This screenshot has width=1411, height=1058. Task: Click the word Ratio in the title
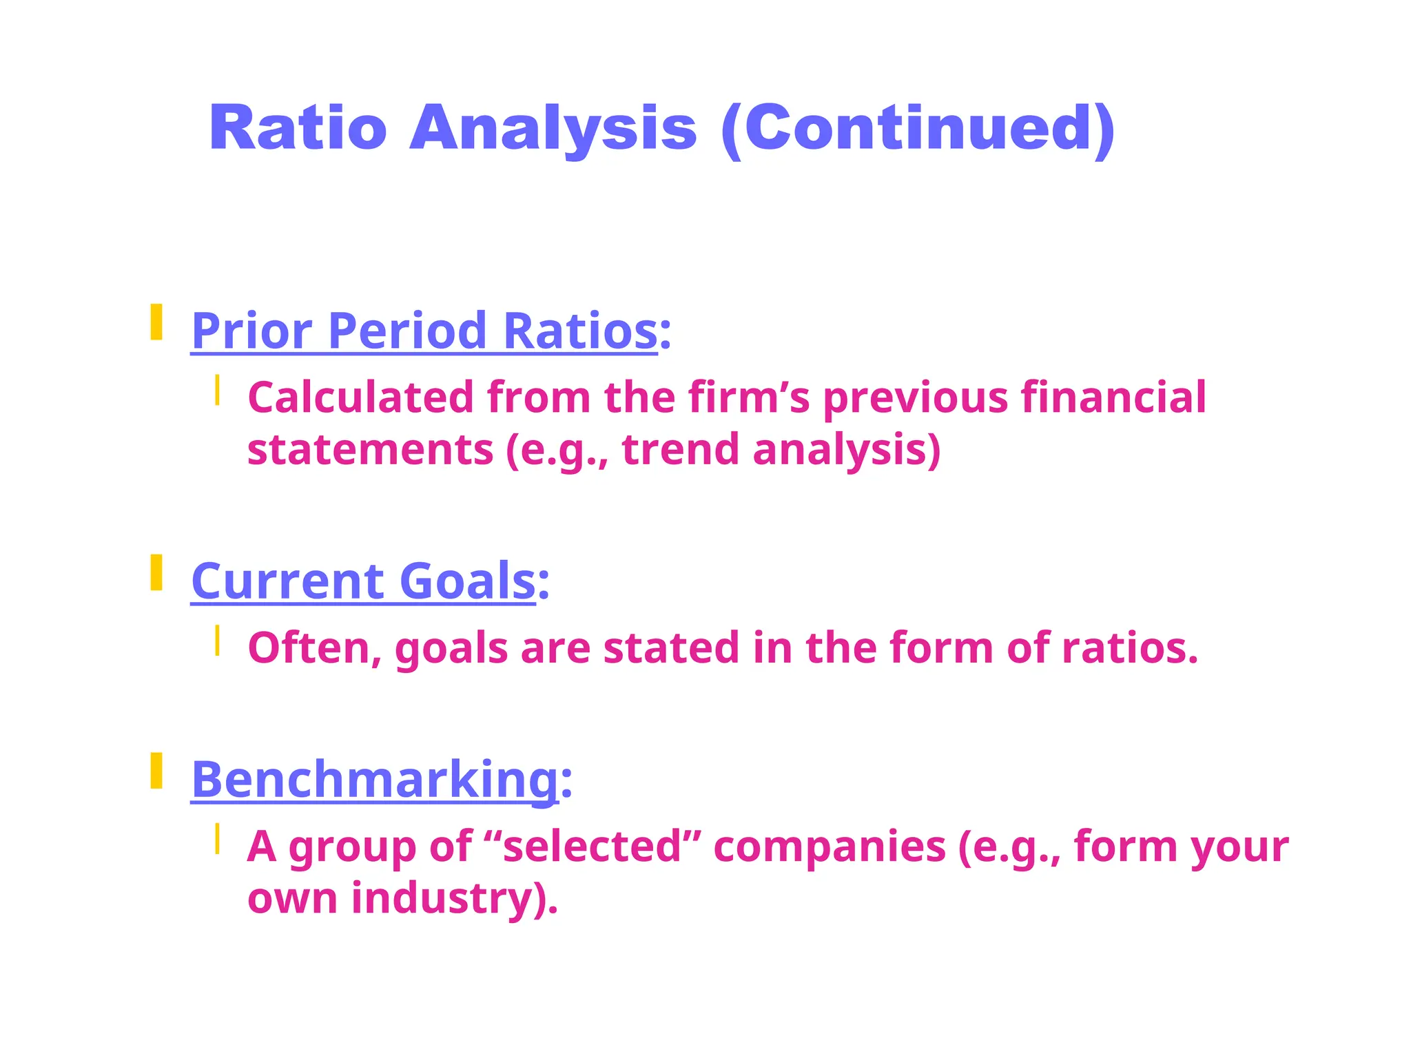click(298, 128)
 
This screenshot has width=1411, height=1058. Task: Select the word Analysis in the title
click(553, 128)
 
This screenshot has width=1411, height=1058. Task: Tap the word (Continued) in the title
click(918, 128)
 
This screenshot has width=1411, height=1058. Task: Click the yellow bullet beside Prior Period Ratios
click(156, 322)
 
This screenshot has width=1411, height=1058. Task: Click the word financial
click(1113, 397)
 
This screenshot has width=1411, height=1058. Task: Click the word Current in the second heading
click(287, 581)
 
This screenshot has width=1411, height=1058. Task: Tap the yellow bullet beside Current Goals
click(156, 572)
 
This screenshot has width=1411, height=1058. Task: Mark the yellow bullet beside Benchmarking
click(156, 771)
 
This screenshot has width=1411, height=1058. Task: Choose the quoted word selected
click(592, 846)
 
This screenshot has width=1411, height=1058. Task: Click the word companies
click(830, 846)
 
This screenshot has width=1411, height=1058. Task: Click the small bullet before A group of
click(217, 838)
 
